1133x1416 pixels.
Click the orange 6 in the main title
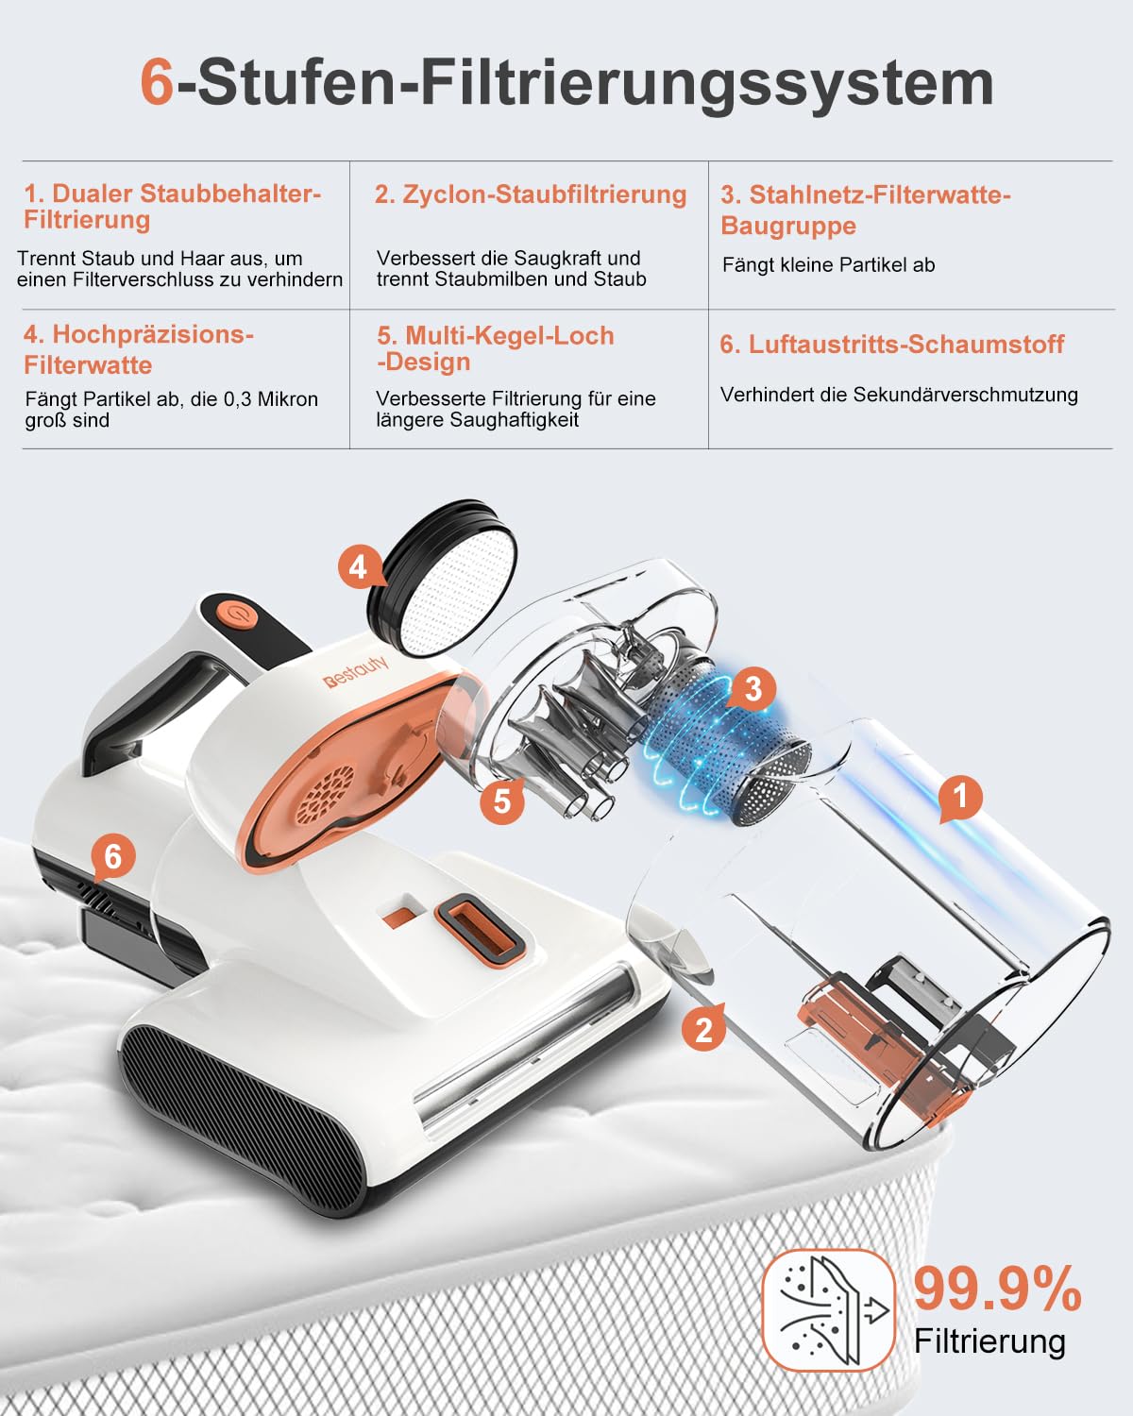[x=157, y=83]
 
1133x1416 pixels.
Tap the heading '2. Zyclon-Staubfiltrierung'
[x=530, y=194]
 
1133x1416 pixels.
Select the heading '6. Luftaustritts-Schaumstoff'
[x=891, y=345]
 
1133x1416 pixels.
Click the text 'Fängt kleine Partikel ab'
[x=828, y=265]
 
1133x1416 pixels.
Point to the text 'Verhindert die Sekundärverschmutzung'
[x=899, y=395]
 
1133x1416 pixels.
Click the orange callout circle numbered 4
[x=358, y=567]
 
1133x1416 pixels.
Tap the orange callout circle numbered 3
[x=752, y=688]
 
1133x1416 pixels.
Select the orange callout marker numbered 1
[x=960, y=798]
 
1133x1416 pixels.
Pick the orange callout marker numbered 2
[x=703, y=1028]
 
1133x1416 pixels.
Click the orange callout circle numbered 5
[x=501, y=801]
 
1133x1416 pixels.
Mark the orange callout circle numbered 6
[x=113, y=856]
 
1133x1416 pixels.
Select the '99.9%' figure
[x=997, y=1290]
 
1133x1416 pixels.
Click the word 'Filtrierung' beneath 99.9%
[x=989, y=1341]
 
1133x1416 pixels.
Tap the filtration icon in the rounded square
[x=828, y=1310]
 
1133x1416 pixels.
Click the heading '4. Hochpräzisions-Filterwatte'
[x=139, y=349]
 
